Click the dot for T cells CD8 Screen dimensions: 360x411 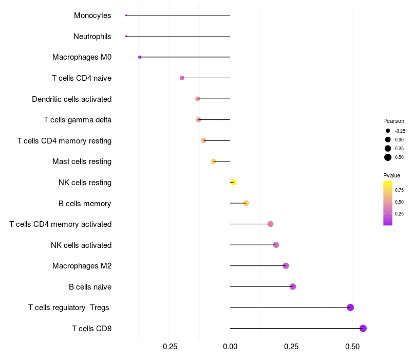click(x=363, y=328)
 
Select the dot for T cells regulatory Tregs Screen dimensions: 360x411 click(x=350, y=308)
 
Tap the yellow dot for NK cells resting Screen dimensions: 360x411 click(x=233, y=182)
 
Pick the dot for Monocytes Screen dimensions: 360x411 click(x=126, y=15)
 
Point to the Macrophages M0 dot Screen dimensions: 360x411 click(x=140, y=57)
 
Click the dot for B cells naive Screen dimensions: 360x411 click(x=293, y=286)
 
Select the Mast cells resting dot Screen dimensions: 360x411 click(x=214, y=161)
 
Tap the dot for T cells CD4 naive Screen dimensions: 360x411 click(x=182, y=78)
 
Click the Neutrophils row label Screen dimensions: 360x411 click(x=92, y=36)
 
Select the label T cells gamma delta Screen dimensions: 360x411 click(x=78, y=120)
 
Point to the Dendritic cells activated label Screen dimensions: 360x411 click(x=71, y=99)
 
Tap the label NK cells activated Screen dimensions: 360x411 click(x=81, y=245)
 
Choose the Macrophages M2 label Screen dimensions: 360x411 click(x=82, y=266)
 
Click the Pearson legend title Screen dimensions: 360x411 click(x=394, y=121)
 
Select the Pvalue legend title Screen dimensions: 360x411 click(x=392, y=175)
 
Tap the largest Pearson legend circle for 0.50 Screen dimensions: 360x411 click(x=388, y=157)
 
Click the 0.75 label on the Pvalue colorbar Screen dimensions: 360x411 click(x=399, y=190)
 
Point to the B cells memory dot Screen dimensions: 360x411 click(x=246, y=203)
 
